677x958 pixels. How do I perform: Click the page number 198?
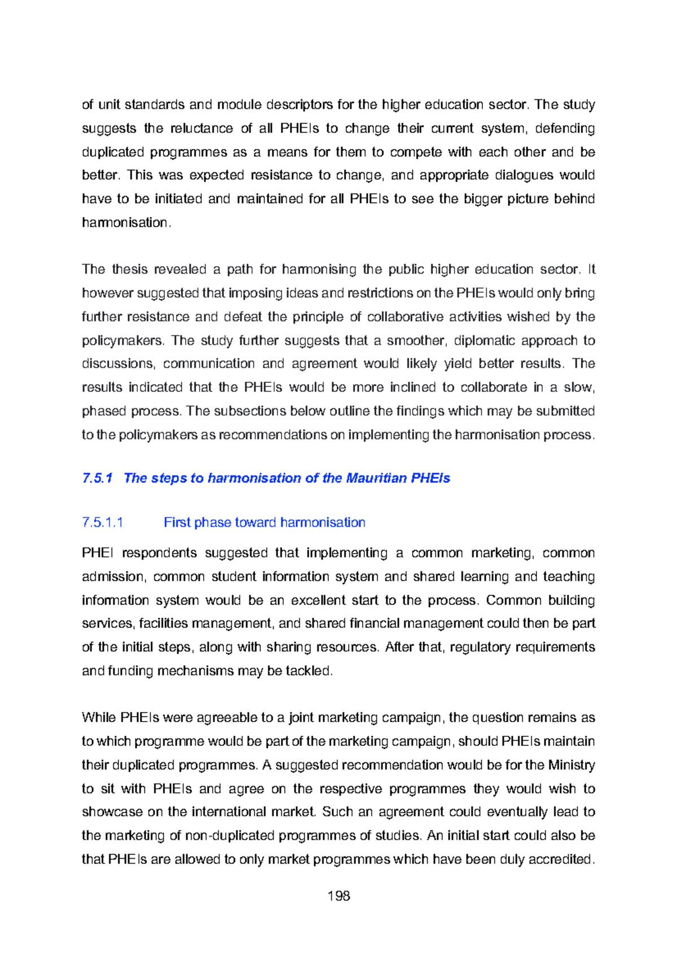point(338,896)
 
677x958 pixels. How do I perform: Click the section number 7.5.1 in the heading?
point(97,478)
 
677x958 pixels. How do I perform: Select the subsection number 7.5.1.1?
point(102,522)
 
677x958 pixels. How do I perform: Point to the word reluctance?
point(202,129)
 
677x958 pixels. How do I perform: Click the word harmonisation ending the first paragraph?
point(124,223)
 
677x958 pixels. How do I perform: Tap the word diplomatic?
point(483,341)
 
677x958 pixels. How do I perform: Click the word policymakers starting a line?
point(122,341)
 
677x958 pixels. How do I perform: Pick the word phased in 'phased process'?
point(104,411)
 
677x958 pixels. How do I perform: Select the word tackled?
point(309,671)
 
